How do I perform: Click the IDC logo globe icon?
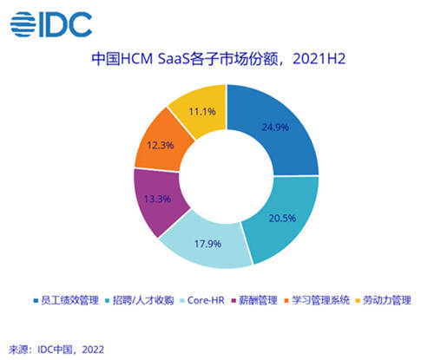[x=23, y=24]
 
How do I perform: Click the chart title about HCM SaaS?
[x=219, y=59]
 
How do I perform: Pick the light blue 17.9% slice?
[x=207, y=245]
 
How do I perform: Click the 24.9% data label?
[x=275, y=128]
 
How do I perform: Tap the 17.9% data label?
[x=207, y=244]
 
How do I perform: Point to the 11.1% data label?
[x=202, y=112]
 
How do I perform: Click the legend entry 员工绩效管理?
[x=66, y=300]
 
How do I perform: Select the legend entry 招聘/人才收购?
[x=140, y=300]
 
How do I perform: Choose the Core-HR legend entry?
[x=202, y=300]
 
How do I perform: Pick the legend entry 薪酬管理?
[x=254, y=300]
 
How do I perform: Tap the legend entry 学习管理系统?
[x=317, y=300]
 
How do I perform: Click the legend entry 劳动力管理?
[x=384, y=300]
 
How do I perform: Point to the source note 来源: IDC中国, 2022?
[x=56, y=350]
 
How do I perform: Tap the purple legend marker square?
[x=233, y=301]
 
